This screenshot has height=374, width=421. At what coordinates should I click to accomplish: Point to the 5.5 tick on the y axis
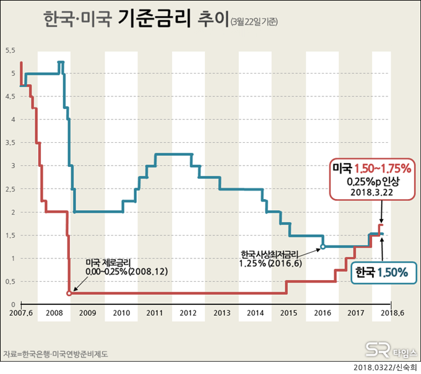[10, 50]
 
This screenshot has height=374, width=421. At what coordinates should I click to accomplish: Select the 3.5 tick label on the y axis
[10, 143]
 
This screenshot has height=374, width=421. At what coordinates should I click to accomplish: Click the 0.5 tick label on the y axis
[10, 281]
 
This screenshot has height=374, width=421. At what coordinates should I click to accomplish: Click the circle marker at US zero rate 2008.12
[69, 293]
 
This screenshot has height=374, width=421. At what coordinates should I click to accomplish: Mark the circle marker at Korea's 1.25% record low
[323, 247]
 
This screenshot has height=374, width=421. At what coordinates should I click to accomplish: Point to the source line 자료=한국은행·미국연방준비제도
[56, 354]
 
